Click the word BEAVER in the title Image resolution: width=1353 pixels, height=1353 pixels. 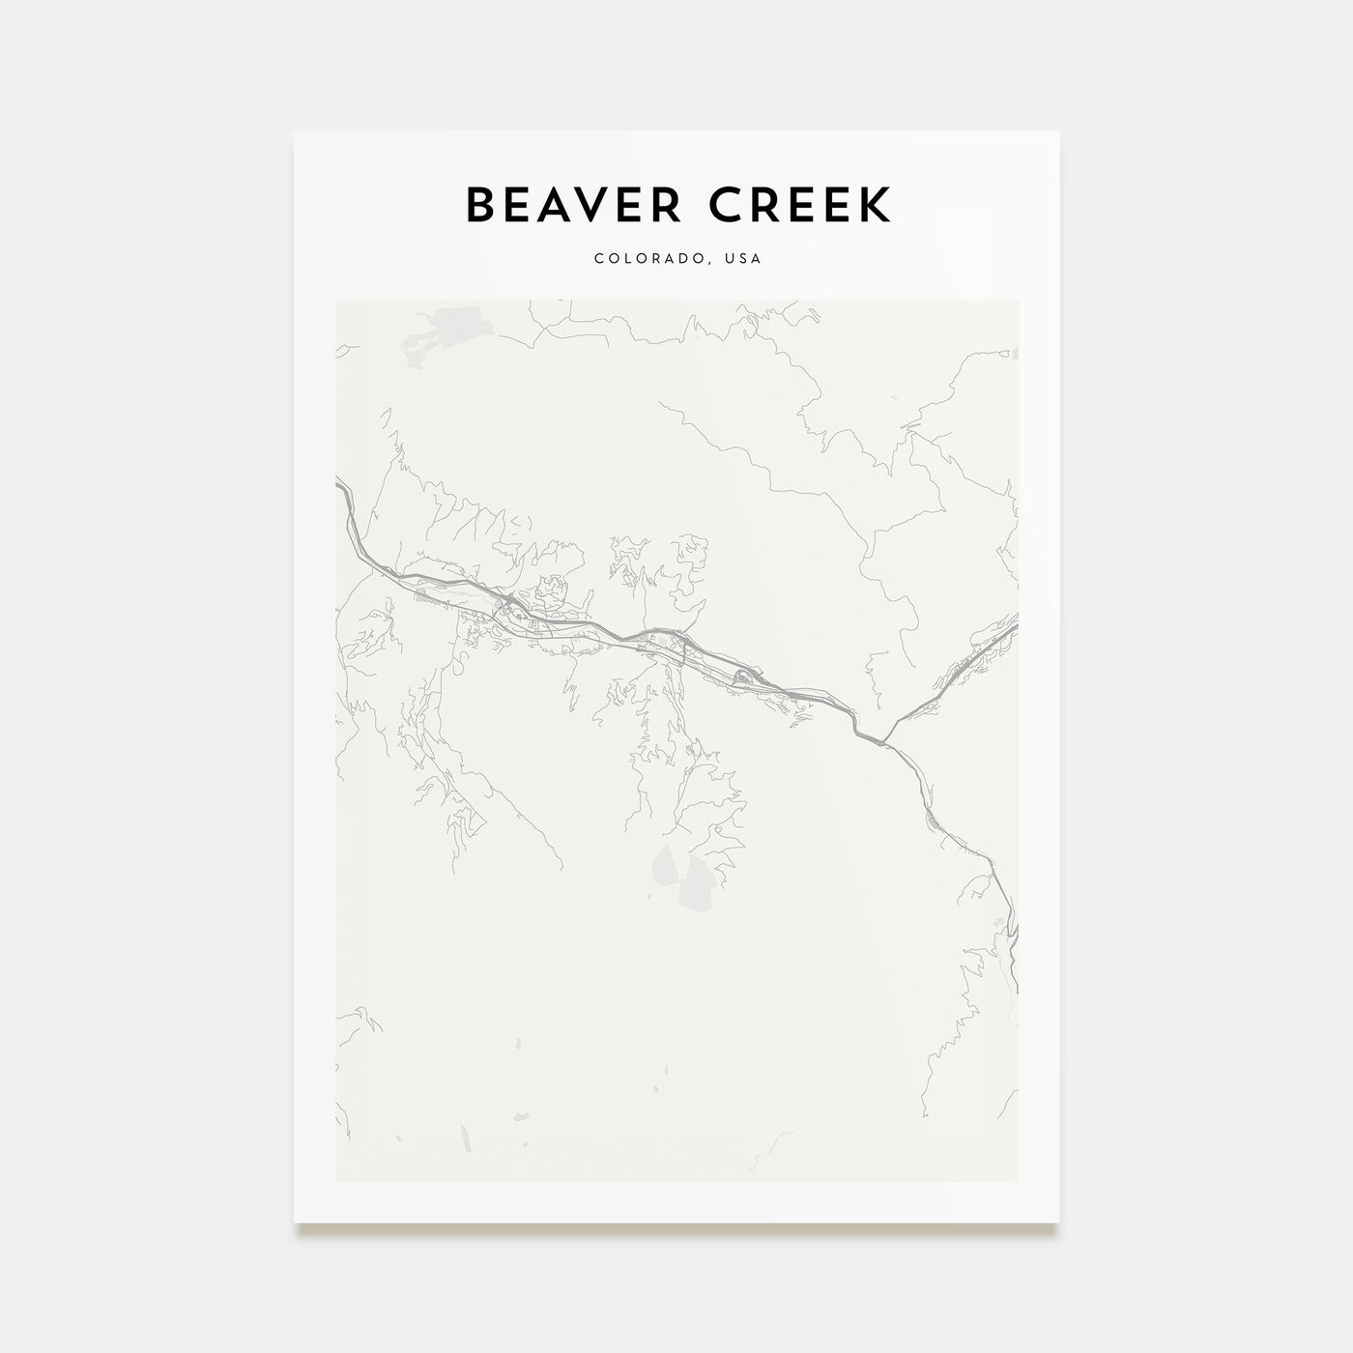(562, 205)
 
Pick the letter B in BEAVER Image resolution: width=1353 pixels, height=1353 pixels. (480, 205)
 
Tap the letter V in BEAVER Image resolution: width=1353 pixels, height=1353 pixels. (579, 205)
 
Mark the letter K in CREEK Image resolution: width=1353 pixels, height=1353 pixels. (877, 205)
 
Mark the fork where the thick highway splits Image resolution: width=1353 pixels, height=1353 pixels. (885, 742)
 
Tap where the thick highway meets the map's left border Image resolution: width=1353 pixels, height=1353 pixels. (337, 484)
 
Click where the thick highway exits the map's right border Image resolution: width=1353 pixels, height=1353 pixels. (1016, 626)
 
